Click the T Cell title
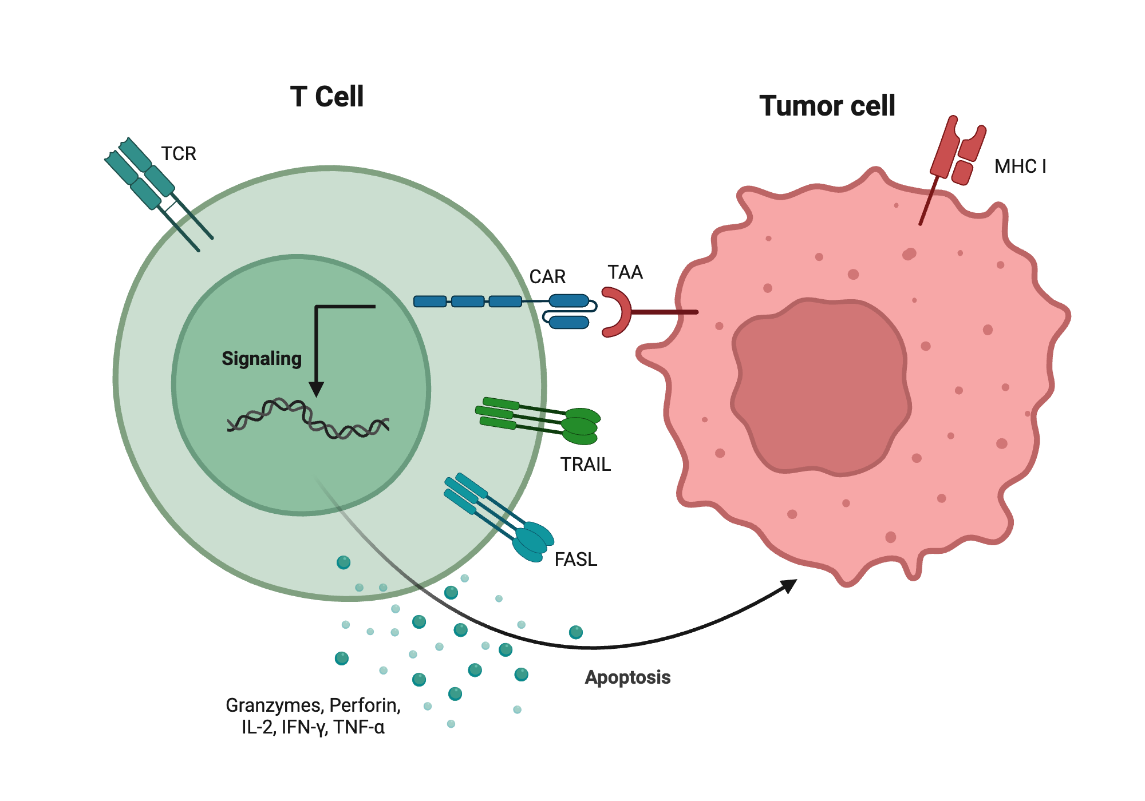(326, 96)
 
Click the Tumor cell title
(827, 106)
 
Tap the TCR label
(179, 154)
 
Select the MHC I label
(1020, 166)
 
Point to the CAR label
(547, 277)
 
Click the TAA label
(625, 272)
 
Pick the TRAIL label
(585, 465)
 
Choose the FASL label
(576, 560)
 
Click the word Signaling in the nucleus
(262, 359)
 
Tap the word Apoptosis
(627, 677)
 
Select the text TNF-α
(360, 727)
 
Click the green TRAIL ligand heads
(581, 426)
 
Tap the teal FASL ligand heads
(532, 541)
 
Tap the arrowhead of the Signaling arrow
(316, 389)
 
